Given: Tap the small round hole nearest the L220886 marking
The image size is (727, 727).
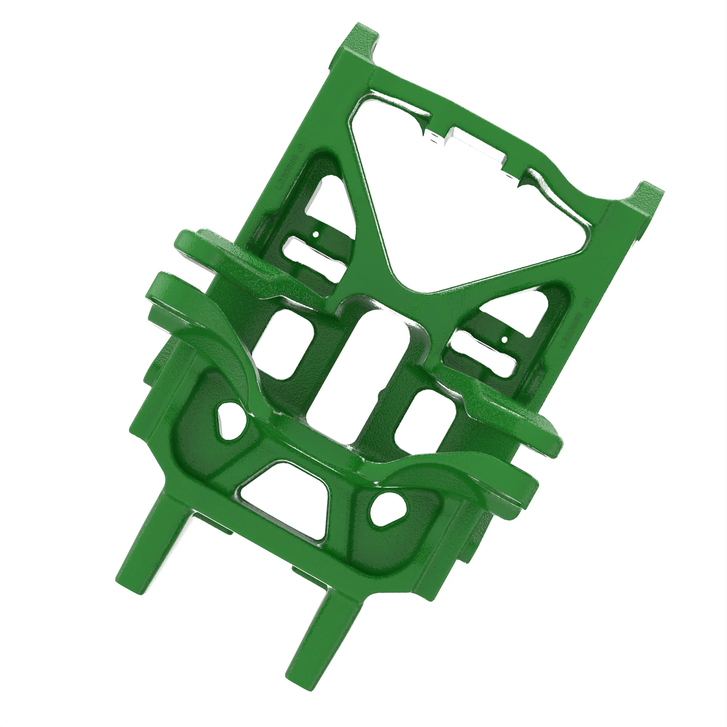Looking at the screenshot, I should tap(316, 234).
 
